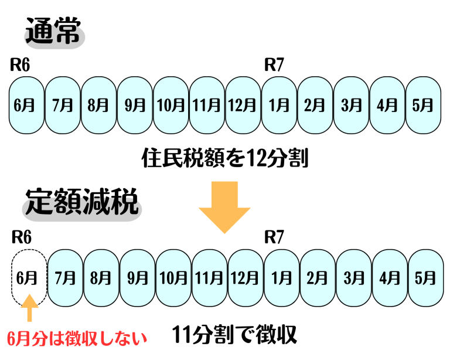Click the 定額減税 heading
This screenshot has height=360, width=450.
[x=81, y=203]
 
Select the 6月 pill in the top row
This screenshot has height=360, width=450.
[x=26, y=105]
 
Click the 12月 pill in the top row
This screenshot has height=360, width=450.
[x=243, y=105]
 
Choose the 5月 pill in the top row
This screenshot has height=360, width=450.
[x=423, y=105]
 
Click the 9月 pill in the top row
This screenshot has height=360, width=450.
[x=135, y=105]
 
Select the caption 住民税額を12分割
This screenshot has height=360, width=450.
[x=225, y=158]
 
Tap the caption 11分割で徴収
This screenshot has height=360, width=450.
[x=235, y=335]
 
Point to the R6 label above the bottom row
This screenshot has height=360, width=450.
[x=21, y=237]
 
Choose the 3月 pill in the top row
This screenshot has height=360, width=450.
[x=351, y=105]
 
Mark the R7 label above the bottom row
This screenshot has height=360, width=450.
[x=274, y=237]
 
